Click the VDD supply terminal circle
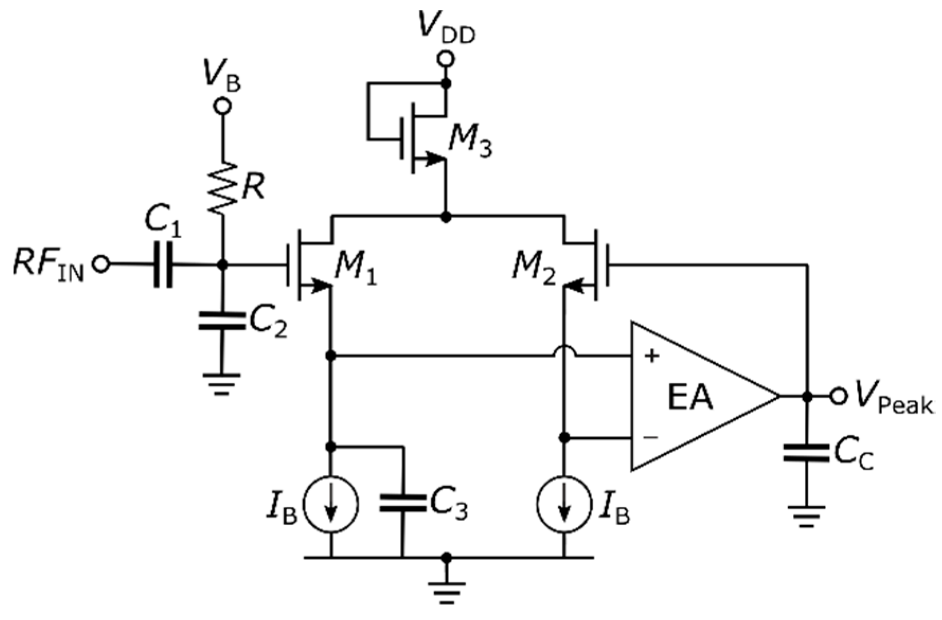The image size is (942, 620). [446, 59]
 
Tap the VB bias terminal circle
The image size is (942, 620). [222, 106]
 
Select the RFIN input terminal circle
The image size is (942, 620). [101, 263]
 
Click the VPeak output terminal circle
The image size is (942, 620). [838, 396]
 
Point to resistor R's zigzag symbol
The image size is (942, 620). [223, 188]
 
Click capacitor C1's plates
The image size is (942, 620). [163, 264]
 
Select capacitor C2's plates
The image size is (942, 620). [222, 321]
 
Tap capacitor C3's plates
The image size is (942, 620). [402, 503]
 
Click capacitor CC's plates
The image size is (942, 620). [806, 453]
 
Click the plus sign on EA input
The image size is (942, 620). [652, 356]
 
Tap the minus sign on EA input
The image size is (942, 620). [651, 437]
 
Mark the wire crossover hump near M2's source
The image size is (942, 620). [564, 352]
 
